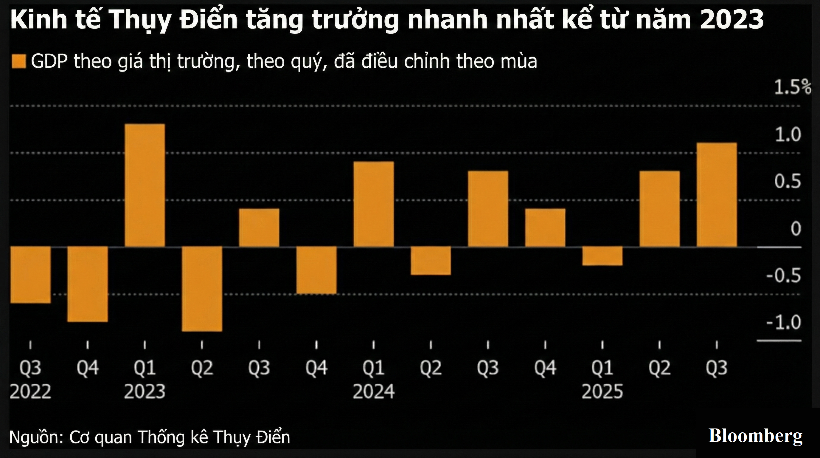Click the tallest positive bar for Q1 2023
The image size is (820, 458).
point(145,185)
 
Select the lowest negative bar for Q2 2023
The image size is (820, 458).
point(202,289)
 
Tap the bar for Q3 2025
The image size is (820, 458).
point(717,195)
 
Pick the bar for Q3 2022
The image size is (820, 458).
point(31,275)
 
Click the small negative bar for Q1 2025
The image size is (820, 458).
point(602,256)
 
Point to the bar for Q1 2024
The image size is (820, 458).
point(374,204)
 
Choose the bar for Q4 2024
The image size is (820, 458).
point(545,228)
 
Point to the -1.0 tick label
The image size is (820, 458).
point(783,322)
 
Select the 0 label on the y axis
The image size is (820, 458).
point(796,229)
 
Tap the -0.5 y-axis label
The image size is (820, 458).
point(783,276)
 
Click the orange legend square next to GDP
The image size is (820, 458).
point(19,61)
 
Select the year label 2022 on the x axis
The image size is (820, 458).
point(31,391)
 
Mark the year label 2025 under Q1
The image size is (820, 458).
point(602,391)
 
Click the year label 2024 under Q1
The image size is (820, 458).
point(374,391)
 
